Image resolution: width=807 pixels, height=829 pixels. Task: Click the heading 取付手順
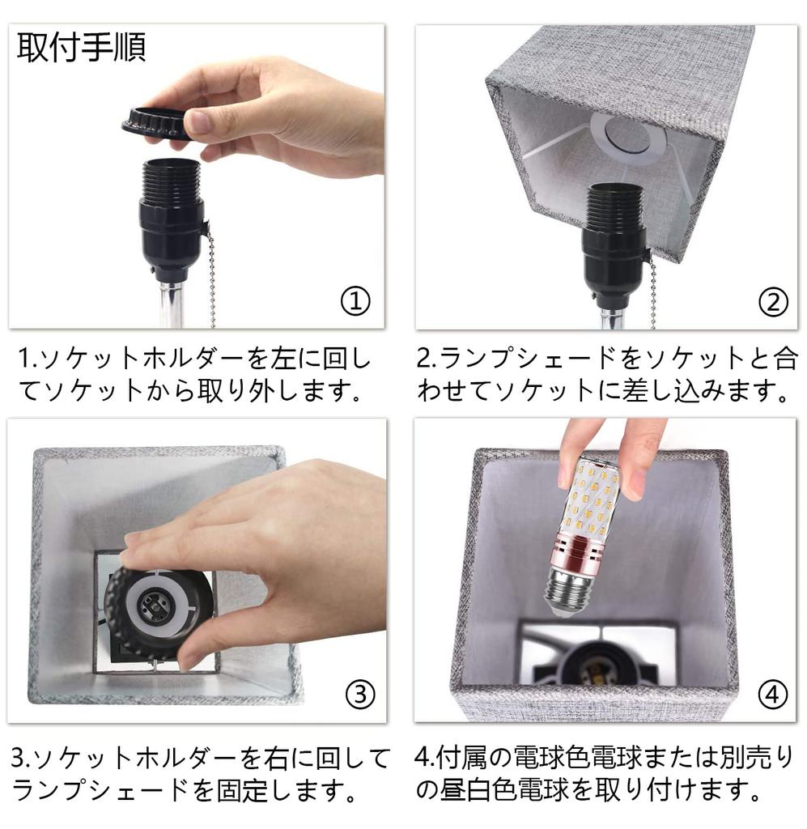pyautogui.click(x=82, y=48)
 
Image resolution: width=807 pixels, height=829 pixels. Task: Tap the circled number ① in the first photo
pyautogui.click(x=355, y=302)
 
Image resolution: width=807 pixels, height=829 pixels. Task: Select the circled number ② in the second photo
pyautogui.click(x=772, y=302)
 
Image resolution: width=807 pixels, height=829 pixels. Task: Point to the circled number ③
pyautogui.click(x=360, y=694)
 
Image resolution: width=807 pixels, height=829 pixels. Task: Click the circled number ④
pyautogui.click(x=772, y=694)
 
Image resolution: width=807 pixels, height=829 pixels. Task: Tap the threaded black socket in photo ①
pyautogui.click(x=172, y=210)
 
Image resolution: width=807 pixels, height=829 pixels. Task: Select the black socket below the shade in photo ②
pyautogui.click(x=614, y=235)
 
